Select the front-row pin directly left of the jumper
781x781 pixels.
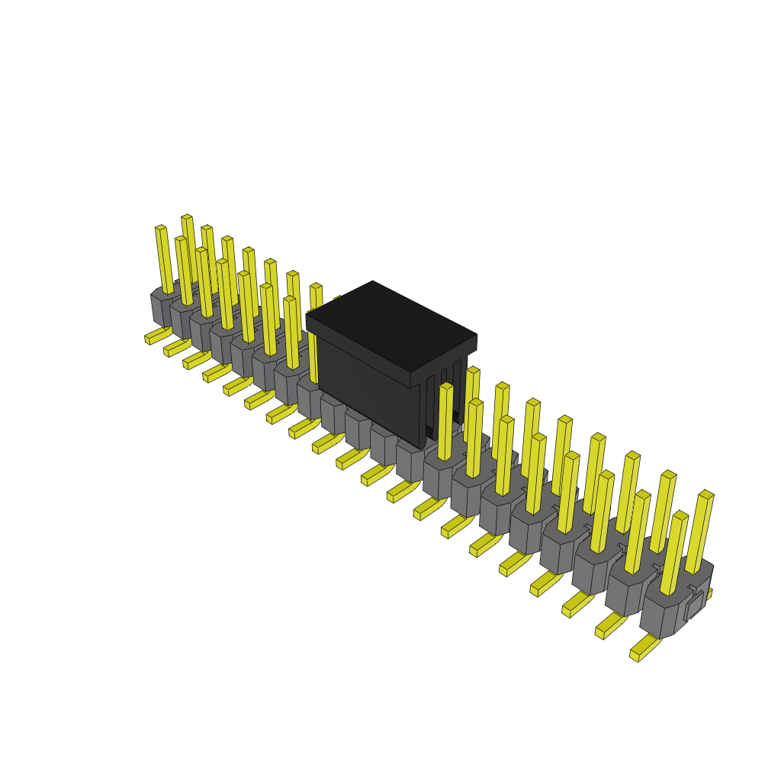pos(291,333)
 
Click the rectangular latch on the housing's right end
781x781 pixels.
pos(694,606)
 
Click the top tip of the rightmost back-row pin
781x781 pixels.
pos(706,494)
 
